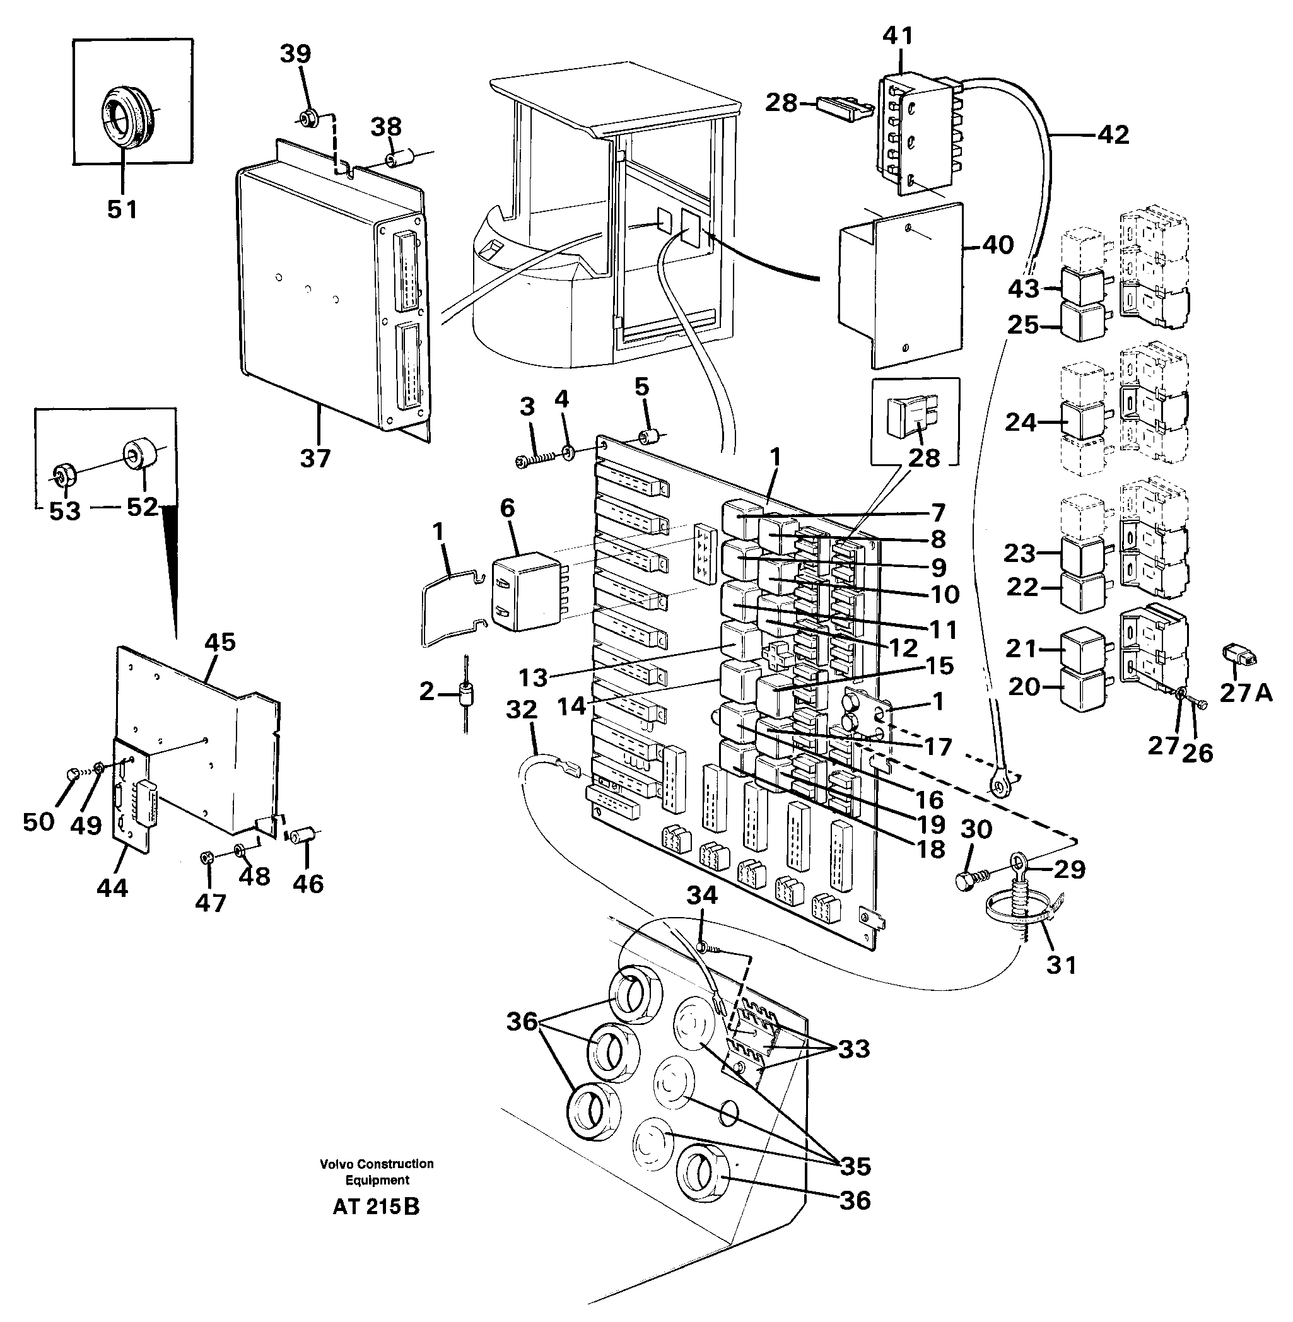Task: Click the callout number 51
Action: pyautogui.click(x=122, y=209)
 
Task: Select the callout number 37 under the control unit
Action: pyautogui.click(x=315, y=459)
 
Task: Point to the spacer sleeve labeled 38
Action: pyautogui.click(x=393, y=160)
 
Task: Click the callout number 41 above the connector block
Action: pyautogui.click(x=898, y=35)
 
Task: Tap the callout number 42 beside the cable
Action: pyautogui.click(x=1113, y=134)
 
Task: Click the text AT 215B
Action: pyautogui.click(x=376, y=1207)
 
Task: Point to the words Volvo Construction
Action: pyautogui.click(x=377, y=1164)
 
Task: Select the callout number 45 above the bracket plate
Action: pyautogui.click(x=220, y=641)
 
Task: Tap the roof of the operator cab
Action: pyautogui.click(x=614, y=95)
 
